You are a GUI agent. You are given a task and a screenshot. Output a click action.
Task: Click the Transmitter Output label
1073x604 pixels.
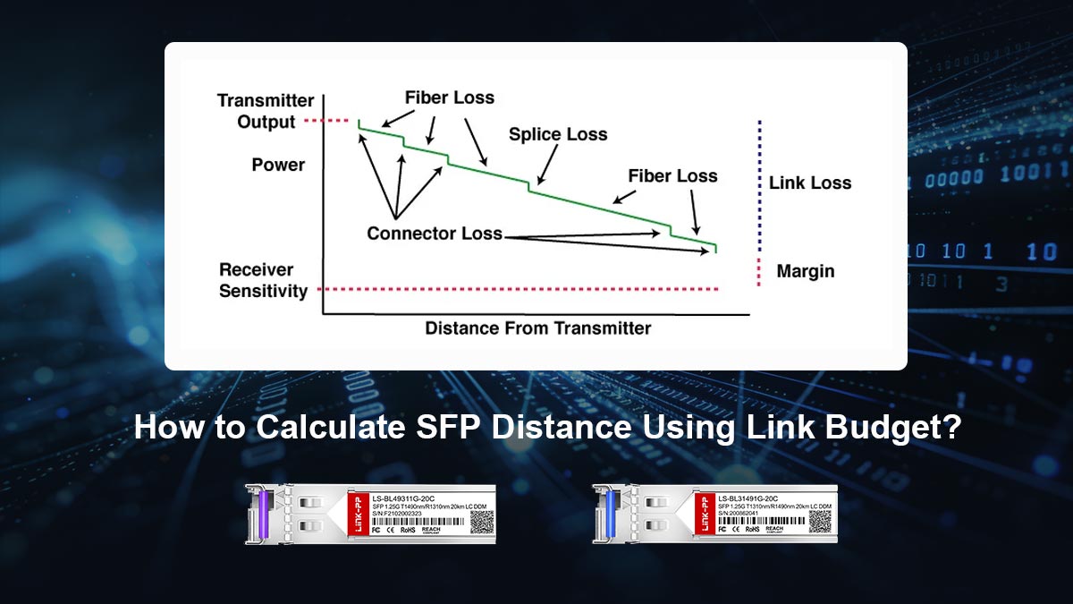pyautogui.click(x=266, y=111)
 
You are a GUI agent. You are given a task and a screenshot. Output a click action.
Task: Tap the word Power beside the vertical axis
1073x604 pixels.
pyautogui.click(x=278, y=165)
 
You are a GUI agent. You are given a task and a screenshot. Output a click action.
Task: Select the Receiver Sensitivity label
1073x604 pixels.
pyautogui.click(x=263, y=280)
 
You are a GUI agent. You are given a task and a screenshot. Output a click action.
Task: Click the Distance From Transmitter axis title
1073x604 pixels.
pyautogui.click(x=538, y=328)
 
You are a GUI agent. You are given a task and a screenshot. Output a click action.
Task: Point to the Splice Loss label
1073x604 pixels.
pyautogui.click(x=558, y=134)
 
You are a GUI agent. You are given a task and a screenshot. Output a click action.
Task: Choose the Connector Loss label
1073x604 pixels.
pyautogui.click(x=435, y=234)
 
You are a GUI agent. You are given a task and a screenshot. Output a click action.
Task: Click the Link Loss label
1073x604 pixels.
pyautogui.click(x=810, y=183)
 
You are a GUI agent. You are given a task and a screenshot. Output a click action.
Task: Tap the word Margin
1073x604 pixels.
pyautogui.click(x=805, y=270)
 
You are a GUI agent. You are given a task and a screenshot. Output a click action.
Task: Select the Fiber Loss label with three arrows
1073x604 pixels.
pyautogui.click(x=449, y=98)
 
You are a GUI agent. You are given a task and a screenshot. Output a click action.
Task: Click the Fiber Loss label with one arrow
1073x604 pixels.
pyautogui.click(x=672, y=175)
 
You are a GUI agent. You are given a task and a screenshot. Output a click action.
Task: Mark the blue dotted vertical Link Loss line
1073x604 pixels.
pyautogui.click(x=759, y=183)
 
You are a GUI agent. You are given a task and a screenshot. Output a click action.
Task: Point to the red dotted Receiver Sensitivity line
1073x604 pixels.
pyautogui.click(x=519, y=289)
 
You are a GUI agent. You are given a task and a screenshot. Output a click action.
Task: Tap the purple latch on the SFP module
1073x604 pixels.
pyautogui.click(x=265, y=513)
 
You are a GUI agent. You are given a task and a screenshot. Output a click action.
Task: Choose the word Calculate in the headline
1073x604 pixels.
pyautogui.click(x=330, y=426)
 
